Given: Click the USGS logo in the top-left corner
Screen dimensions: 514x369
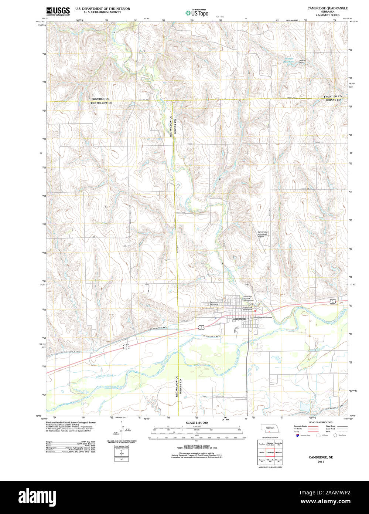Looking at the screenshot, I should (x=58, y=11).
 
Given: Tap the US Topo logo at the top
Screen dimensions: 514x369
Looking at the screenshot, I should (x=197, y=13).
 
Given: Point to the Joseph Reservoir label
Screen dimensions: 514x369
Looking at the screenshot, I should (x=288, y=60).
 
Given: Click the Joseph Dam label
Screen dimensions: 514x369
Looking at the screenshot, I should (x=303, y=61).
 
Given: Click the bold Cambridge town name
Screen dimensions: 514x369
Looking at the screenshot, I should (x=239, y=319).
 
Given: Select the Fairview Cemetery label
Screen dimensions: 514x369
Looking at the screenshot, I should (x=211, y=303).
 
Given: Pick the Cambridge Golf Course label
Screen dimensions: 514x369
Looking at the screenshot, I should (x=262, y=317).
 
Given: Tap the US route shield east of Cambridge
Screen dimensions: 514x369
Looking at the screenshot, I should (x=333, y=301).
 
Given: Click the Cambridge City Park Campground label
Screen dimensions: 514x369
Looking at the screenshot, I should (x=248, y=299).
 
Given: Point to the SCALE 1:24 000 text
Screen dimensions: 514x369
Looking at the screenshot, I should (x=197, y=423).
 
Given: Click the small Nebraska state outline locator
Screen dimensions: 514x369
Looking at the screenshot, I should (x=270, y=429).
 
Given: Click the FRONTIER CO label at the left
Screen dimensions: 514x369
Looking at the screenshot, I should (x=100, y=99).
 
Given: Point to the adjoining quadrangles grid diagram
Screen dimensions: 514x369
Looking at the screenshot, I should (x=270, y=452).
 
